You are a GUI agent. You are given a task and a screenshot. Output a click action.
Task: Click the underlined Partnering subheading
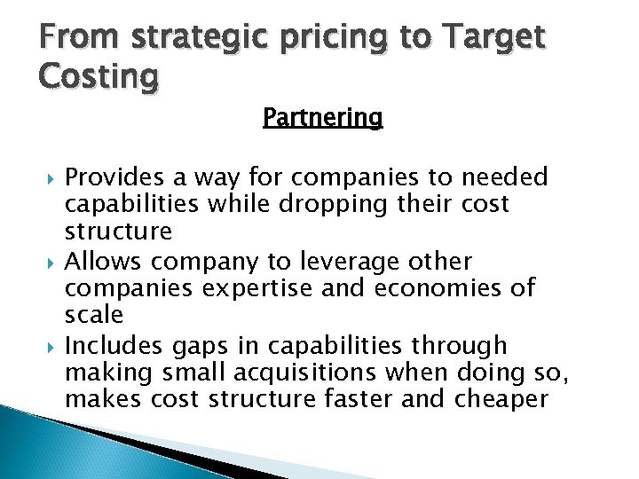click(x=322, y=118)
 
